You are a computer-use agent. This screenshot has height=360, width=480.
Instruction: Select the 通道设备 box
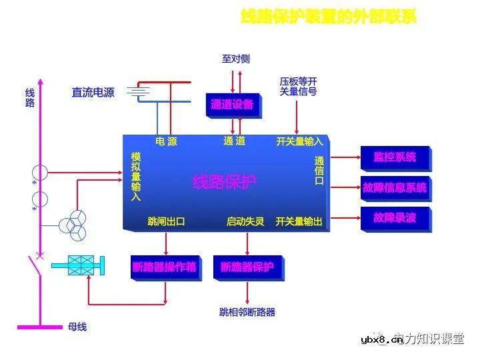coord(232,105)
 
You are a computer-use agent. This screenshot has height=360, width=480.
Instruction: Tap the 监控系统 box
coord(395,157)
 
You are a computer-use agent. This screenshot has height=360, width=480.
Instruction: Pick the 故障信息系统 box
coord(395,188)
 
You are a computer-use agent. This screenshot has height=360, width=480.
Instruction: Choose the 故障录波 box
coord(395,217)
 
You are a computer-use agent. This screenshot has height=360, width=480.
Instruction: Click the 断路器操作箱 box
coord(165,267)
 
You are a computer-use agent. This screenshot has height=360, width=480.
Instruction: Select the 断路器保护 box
coord(247,267)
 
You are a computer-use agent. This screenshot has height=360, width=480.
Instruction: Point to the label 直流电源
coord(93,93)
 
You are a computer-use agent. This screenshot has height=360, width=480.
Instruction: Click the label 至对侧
coord(235,59)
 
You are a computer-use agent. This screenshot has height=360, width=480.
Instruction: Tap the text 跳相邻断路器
coord(247,311)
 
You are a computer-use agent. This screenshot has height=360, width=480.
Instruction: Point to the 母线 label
coord(77,327)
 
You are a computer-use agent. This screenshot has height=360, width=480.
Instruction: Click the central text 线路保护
coord(224,182)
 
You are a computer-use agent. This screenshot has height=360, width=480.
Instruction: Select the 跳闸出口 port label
coord(166,221)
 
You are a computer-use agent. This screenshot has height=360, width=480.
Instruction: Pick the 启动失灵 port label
coord(245,221)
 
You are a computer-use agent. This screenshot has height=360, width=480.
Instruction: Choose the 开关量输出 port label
coord(299,221)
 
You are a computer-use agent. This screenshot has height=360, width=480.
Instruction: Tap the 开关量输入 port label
coord(299,141)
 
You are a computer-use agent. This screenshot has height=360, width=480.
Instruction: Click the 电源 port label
coord(166,141)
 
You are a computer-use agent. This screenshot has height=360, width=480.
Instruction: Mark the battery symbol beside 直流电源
coord(139,91)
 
